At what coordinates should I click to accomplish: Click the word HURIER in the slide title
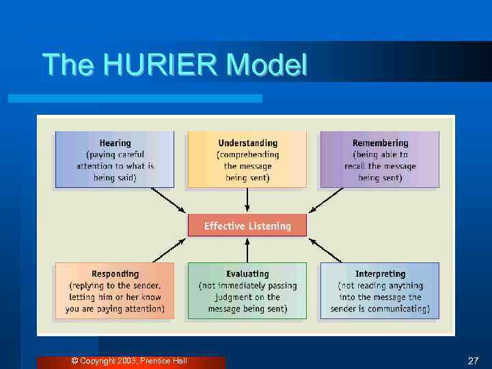pos(162,65)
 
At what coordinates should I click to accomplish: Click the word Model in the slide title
pos(267,65)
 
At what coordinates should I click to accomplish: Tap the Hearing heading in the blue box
pos(115,143)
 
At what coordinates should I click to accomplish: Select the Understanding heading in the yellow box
pos(247,143)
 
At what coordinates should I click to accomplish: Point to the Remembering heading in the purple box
pos(380,143)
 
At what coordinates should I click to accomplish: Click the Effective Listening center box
pos(247,226)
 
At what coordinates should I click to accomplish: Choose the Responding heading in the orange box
pos(115,274)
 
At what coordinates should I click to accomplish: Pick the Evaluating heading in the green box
pos(247,274)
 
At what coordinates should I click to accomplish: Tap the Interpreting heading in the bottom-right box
pos(380,274)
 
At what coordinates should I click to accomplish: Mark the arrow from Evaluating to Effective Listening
pos(247,250)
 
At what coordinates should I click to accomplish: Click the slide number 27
pos(473,361)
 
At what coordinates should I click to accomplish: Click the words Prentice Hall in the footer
pos(163,361)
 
